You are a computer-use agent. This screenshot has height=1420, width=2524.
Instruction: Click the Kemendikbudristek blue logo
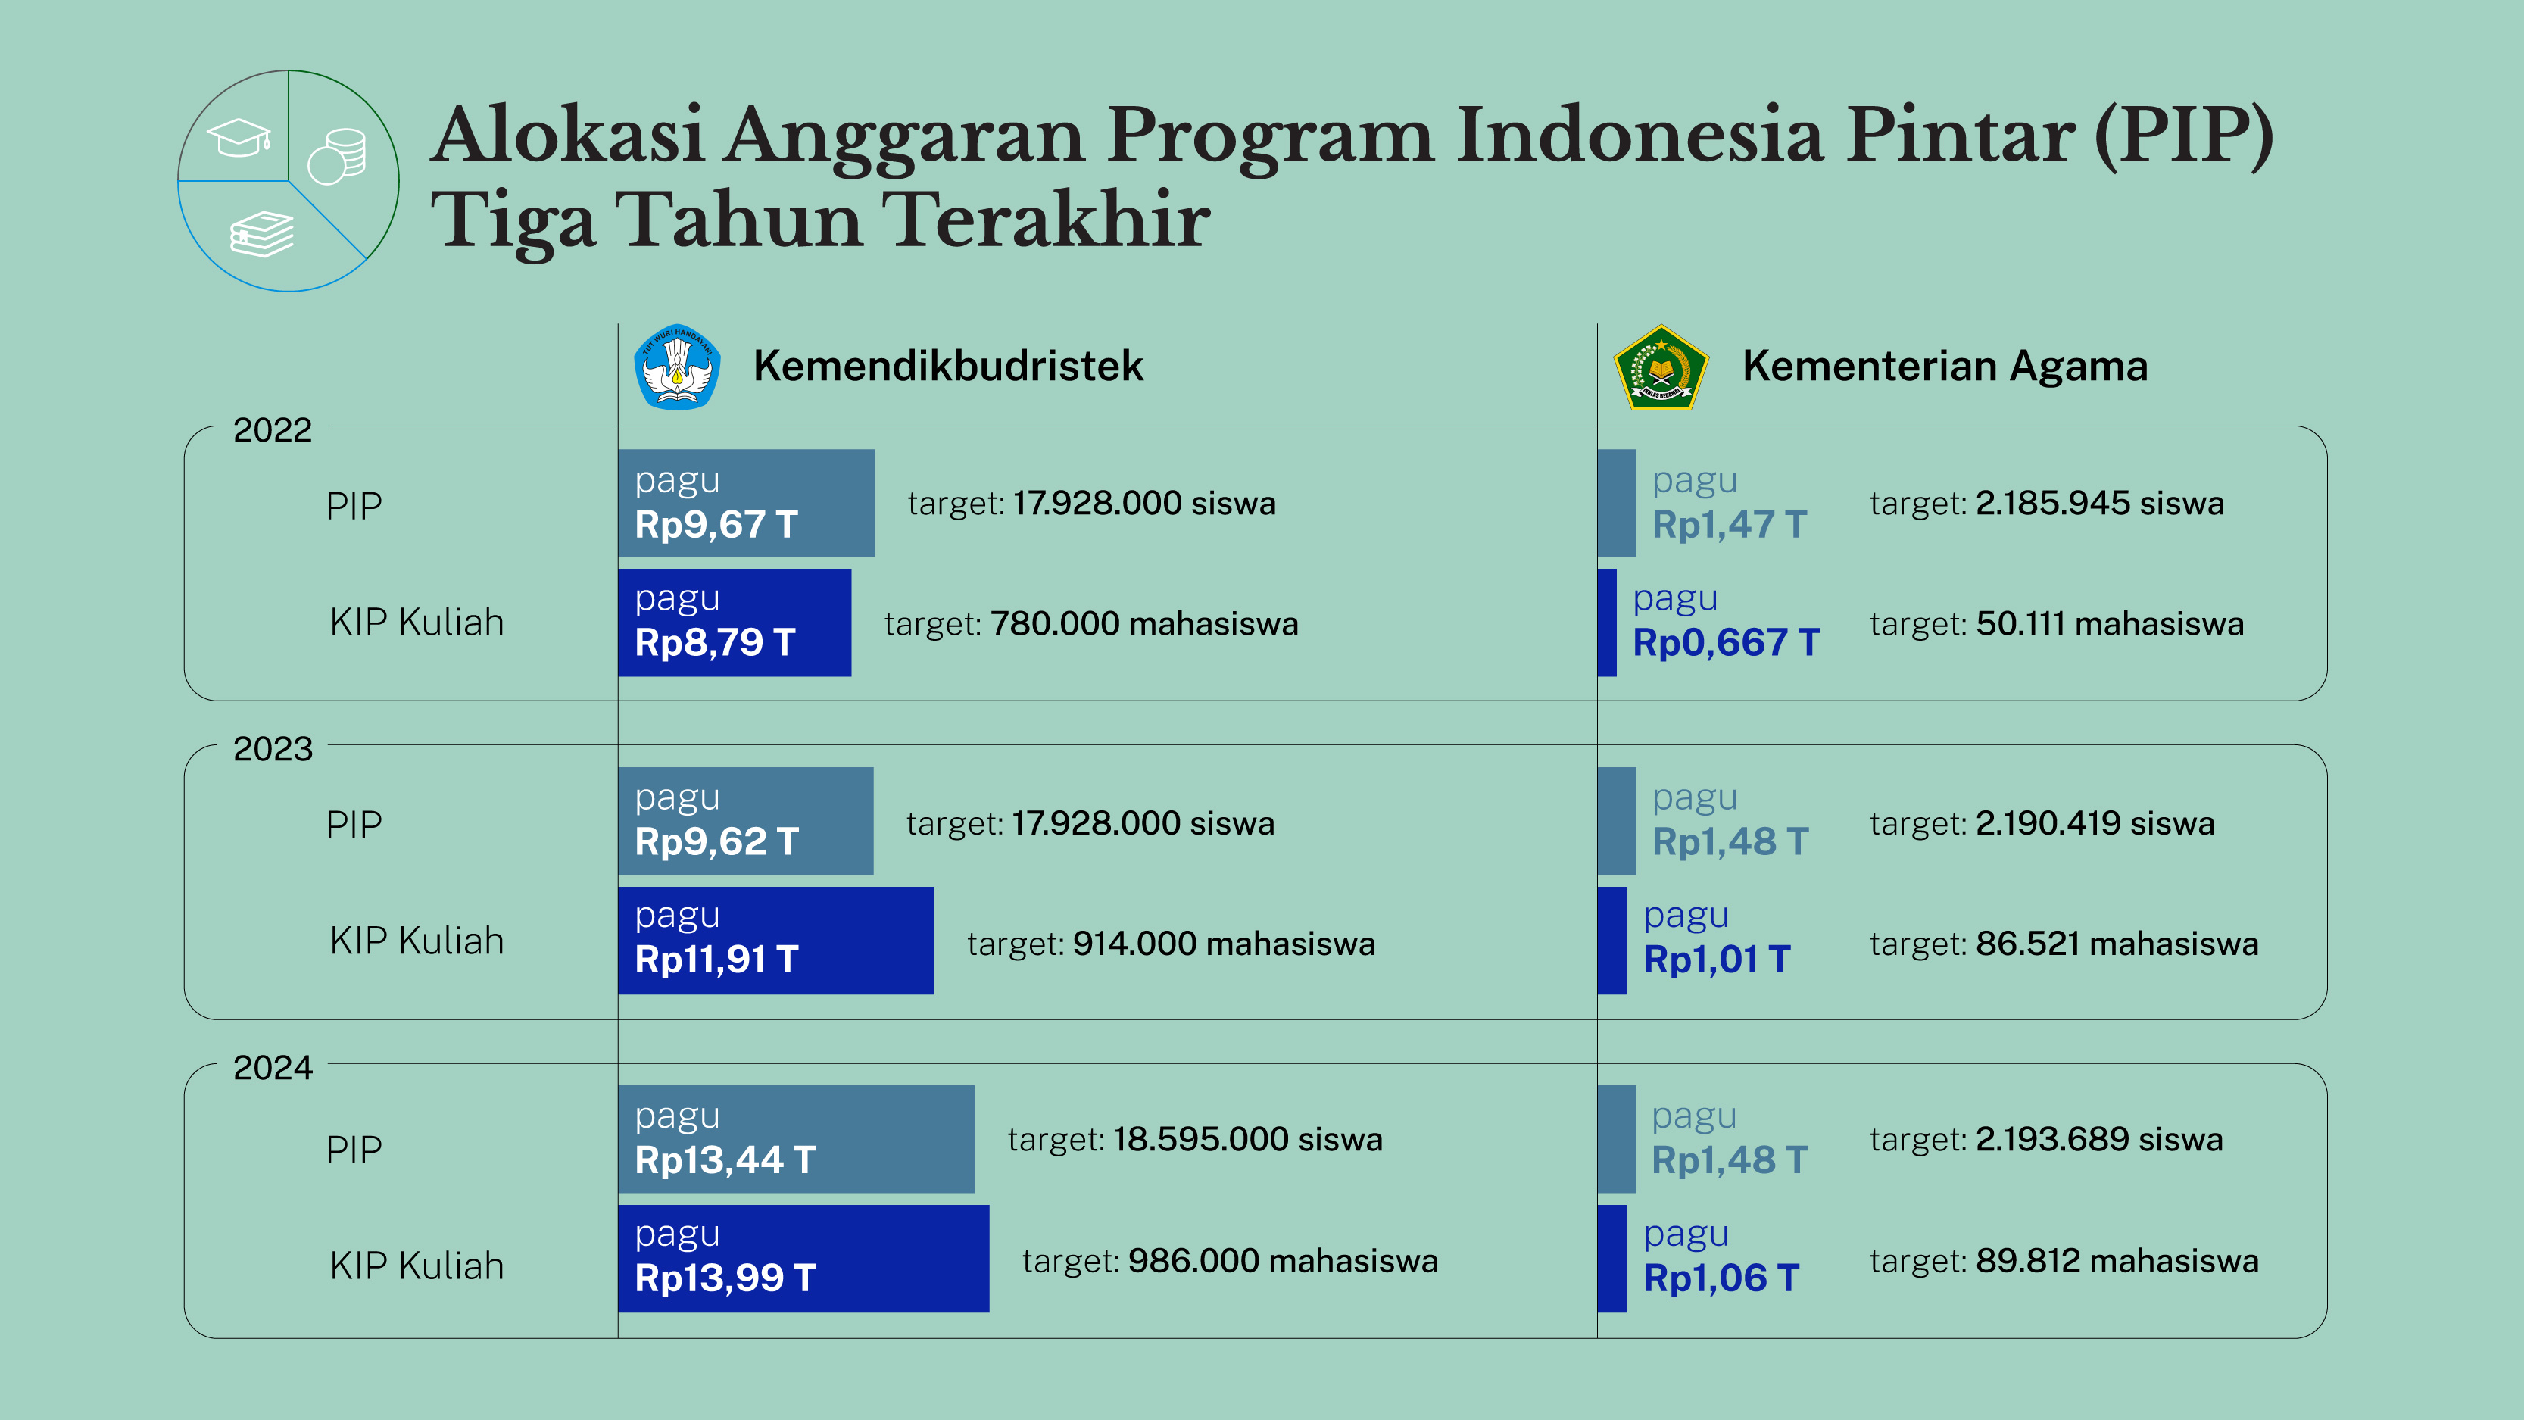click(677, 367)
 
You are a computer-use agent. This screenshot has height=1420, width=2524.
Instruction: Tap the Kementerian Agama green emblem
click(1660, 367)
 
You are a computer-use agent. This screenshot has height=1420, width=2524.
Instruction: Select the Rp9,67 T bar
click(746, 503)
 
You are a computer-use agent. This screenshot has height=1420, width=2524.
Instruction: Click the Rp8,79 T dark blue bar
click(734, 623)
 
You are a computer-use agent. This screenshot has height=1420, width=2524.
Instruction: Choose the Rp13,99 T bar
click(803, 1258)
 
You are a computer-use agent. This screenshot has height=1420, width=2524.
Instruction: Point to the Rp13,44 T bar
click(796, 1139)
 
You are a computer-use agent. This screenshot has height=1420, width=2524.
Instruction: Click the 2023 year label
click(273, 750)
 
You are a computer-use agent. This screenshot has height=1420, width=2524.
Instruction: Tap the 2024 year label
click(273, 1068)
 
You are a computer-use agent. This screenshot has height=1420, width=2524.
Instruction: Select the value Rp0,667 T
click(1725, 643)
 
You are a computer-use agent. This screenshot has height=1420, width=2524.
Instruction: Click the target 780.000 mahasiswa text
click(1090, 624)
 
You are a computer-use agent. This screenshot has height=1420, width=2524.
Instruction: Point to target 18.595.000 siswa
click(1194, 1140)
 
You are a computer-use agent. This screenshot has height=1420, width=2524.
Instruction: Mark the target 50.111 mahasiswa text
click(2056, 624)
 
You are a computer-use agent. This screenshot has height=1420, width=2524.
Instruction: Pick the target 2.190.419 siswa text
click(2041, 823)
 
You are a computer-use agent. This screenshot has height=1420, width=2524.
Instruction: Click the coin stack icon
click(338, 157)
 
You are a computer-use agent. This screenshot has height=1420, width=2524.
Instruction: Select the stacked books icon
click(261, 234)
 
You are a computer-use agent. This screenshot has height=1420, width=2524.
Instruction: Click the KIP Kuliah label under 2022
click(417, 623)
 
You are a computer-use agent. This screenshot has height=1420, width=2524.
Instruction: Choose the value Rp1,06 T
click(1721, 1278)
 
